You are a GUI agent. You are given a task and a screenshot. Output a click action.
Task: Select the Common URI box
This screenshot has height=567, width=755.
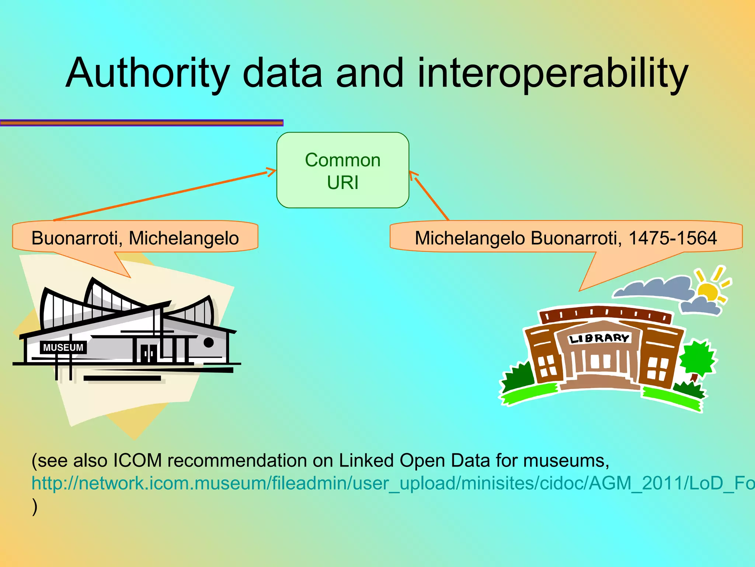pos(342,170)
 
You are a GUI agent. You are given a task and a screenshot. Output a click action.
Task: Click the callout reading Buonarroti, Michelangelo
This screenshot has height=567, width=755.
pos(135,238)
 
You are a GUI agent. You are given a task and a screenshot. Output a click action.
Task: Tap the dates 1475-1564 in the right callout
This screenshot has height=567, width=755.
pos(672,238)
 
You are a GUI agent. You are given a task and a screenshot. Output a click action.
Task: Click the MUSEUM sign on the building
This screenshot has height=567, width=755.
pos(63,347)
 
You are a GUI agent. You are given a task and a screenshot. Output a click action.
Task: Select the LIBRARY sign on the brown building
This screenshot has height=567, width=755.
pos(599,338)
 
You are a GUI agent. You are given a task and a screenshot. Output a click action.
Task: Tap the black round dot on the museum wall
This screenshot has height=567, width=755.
pos(209,343)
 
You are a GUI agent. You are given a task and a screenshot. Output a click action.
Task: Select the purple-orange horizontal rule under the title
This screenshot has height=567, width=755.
pos(142,123)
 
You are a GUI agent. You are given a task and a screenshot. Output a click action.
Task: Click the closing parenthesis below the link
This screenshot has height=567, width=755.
pos(35,506)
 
